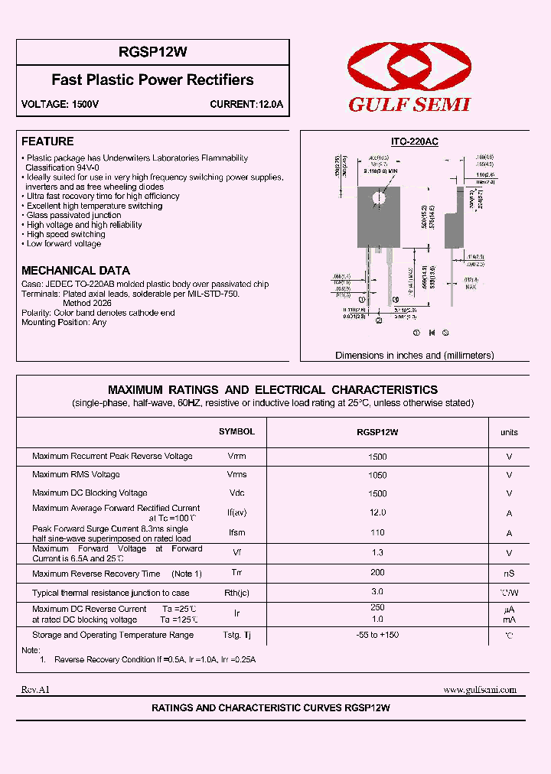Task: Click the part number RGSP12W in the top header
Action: coord(152,52)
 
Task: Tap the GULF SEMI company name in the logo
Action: coord(409,105)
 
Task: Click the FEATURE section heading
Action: coord(47,141)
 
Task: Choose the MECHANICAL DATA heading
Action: coord(76,271)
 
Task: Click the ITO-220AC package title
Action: coord(414,142)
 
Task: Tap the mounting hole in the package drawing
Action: coord(377,198)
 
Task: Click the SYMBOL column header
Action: coord(236,432)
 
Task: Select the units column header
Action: coord(509,433)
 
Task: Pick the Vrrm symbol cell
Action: coord(236,457)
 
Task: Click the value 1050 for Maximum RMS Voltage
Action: coord(377,475)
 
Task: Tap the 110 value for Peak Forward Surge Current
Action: coord(377,533)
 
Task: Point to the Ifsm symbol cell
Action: coord(236,533)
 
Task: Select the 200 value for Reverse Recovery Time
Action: coord(377,574)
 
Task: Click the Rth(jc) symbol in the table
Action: coord(236,593)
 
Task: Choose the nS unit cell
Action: coord(509,574)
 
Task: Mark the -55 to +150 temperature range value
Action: coord(377,635)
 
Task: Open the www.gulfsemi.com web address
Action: coord(480,690)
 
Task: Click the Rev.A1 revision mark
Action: coord(35,690)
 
